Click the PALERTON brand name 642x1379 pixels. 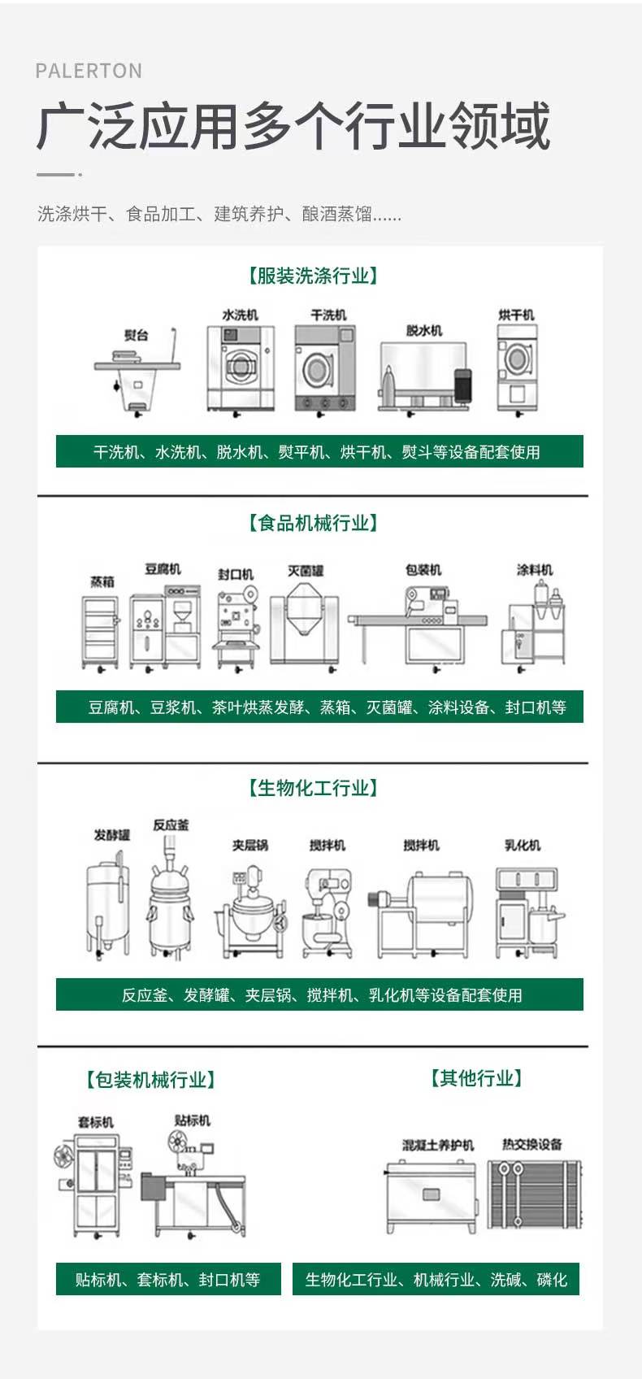click(89, 71)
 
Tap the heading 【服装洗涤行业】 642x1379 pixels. click(313, 275)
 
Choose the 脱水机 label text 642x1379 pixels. click(424, 331)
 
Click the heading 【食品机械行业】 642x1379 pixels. click(313, 523)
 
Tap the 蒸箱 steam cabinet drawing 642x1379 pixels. click(99, 633)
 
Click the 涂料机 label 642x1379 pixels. click(534, 570)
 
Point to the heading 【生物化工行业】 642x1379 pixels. click(313, 787)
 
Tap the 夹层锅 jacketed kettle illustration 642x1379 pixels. click(250, 911)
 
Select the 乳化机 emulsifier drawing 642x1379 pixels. click(529, 912)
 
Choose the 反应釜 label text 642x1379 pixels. click(171, 825)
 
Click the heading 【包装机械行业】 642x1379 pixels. click(150, 1079)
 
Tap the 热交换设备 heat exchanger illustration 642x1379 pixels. click(534, 1194)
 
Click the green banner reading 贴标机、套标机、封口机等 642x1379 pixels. click(168, 1279)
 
